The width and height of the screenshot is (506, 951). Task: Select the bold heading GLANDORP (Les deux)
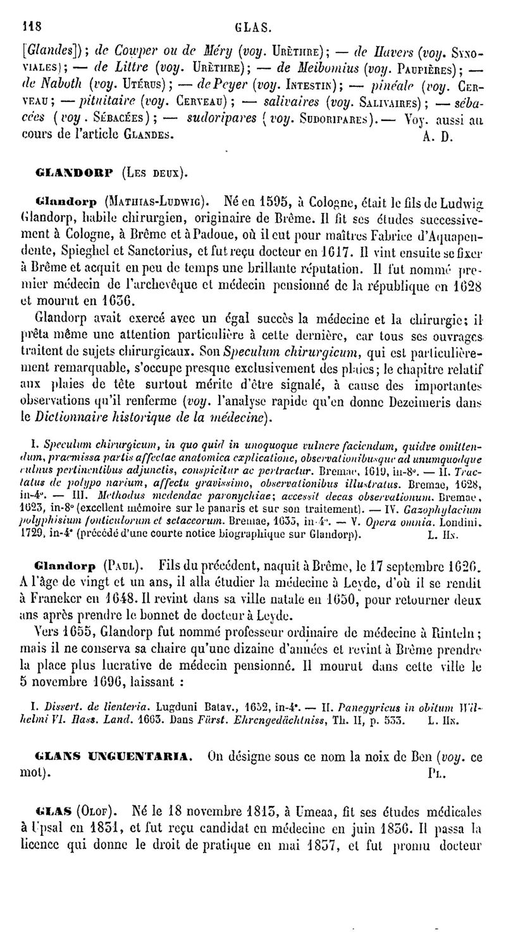(111, 172)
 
